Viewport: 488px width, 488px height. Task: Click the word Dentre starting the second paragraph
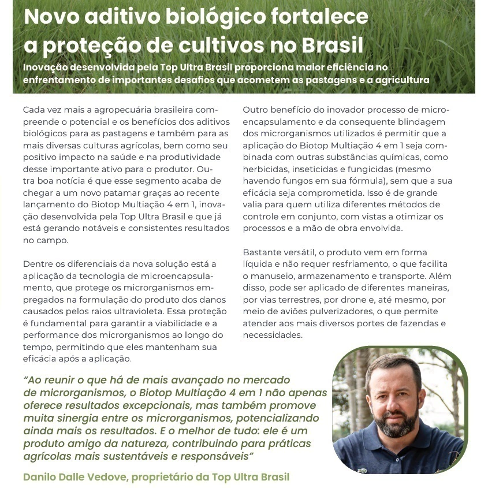click(x=38, y=264)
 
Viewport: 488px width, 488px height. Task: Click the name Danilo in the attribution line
click(x=40, y=477)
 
